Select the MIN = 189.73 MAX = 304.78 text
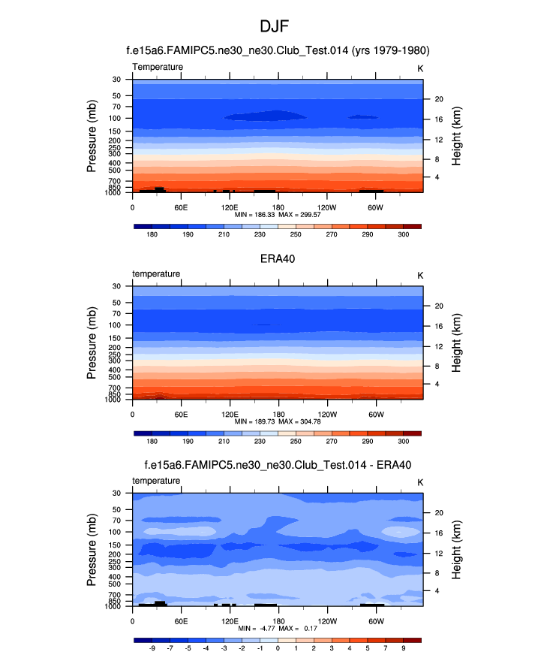(278, 422)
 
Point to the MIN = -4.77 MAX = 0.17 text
(278, 628)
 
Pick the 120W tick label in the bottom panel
(327, 621)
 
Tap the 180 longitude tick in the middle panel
(278, 414)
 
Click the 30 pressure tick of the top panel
(117, 79)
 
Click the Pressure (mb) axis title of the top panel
(92, 136)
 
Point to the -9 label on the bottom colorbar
(152, 648)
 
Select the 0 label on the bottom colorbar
(278, 648)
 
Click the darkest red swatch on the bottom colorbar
(413, 639)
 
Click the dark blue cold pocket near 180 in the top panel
(266, 116)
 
